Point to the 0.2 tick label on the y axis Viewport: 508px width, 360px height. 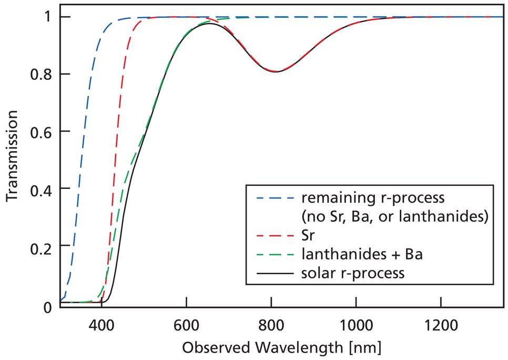click(x=41, y=246)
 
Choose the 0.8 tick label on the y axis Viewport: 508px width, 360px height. click(x=41, y=74)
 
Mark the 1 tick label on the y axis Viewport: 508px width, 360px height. click(x=48, y=17)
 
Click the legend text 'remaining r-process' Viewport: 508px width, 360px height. click(x=373, y=198)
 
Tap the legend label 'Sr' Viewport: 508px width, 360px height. click(x=308, y=235)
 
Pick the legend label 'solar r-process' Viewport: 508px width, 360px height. click(x=353, y=273)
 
